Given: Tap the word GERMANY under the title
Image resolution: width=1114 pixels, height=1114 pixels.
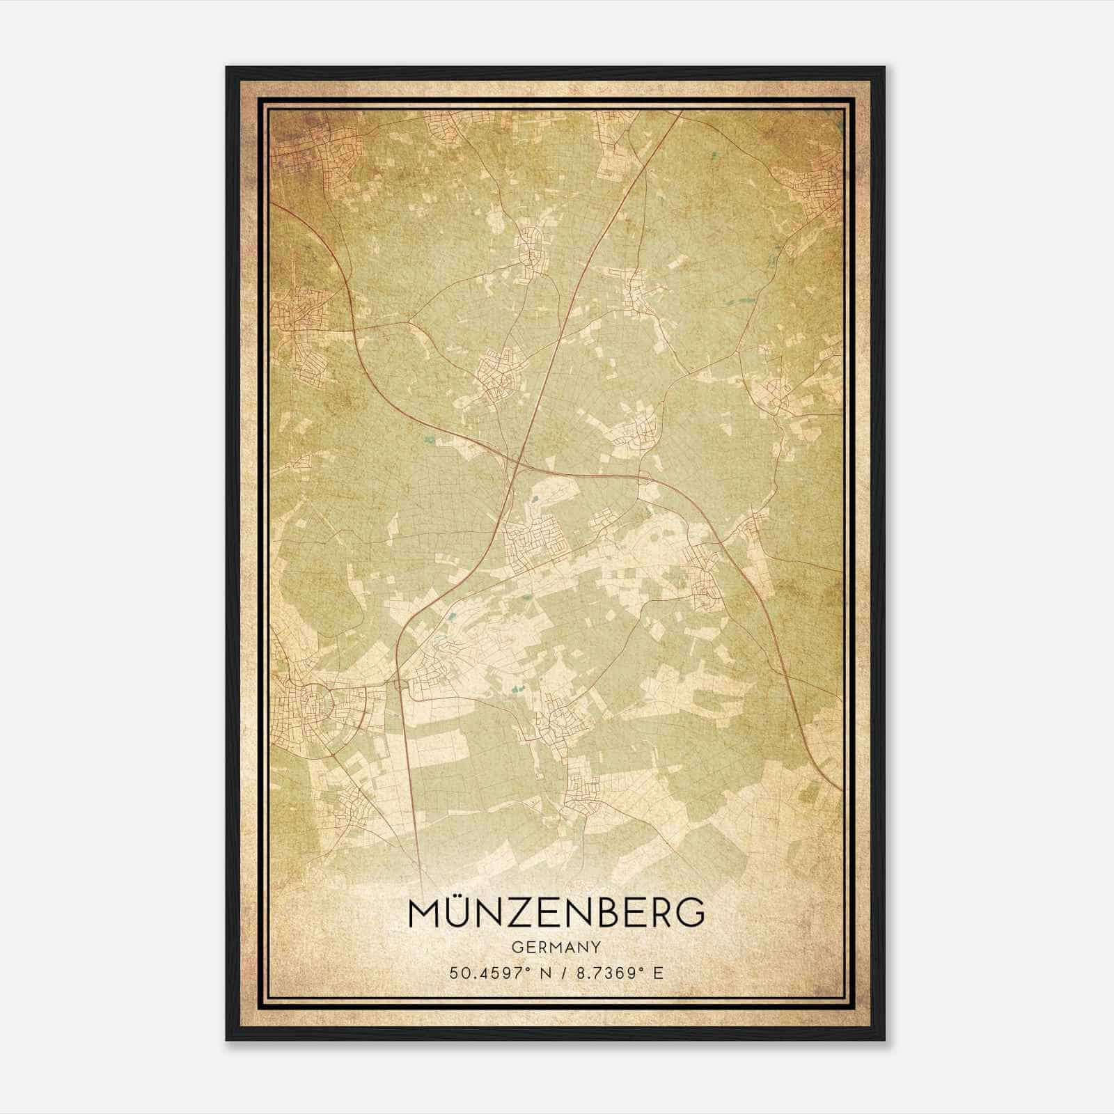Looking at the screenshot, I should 556,948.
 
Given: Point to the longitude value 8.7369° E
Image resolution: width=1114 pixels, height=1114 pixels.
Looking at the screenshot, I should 617,973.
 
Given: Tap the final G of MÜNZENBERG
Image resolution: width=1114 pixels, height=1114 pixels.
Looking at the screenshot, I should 690,913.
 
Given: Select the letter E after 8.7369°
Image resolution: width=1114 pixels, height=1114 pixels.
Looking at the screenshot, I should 658,973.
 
